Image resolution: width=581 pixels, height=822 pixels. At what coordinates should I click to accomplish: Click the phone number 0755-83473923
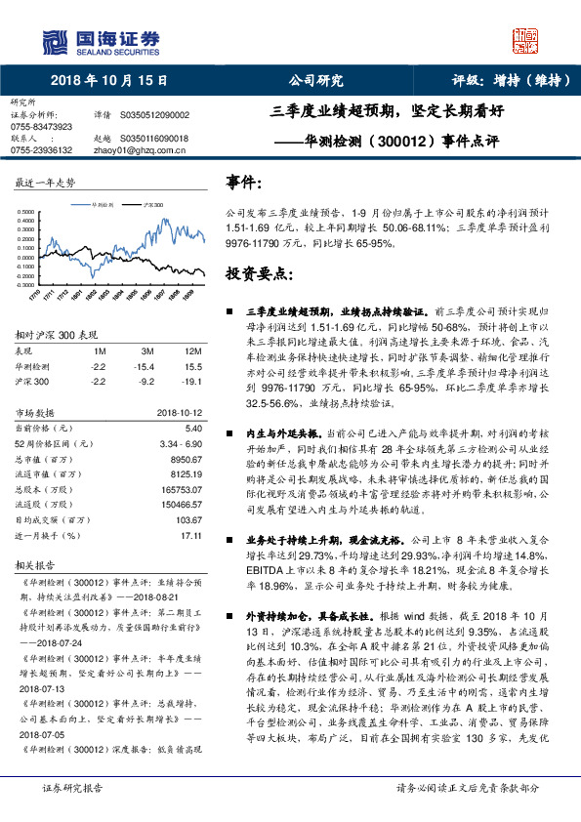(x=41, y=127)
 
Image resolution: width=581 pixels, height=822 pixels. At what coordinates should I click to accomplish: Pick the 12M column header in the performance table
(x=192, y=349)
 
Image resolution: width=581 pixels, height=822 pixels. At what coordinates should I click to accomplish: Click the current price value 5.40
(x=193, y=428)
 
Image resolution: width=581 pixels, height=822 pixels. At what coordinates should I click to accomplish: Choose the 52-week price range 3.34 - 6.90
(x=181, y=442)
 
